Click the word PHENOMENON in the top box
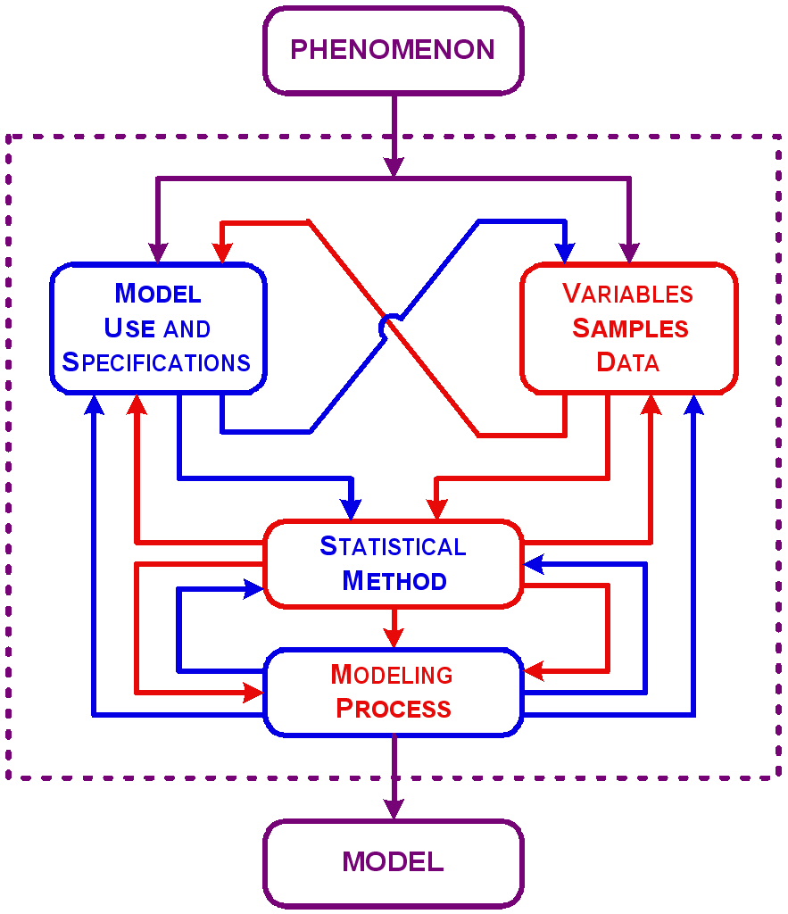click(x=393, y=49)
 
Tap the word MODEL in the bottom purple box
click(x=393, y=861)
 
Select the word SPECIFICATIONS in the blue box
click(x=156, y=363)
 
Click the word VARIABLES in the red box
click(x=628, y=294)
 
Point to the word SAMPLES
click(x=630, y=328)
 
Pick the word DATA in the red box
click(x=628, y=362)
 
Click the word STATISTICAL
click(x=393, y=545)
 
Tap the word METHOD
click(x=394, y=581)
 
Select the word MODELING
click(x=392, y=674)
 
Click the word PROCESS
click(x=394, y=709)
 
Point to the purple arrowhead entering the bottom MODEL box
click(x=393, y=809)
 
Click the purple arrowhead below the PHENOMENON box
click(x=393, y=166)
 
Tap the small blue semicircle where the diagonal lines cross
click(x=386, y=327)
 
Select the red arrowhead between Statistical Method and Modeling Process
click(x=393, y=636)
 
